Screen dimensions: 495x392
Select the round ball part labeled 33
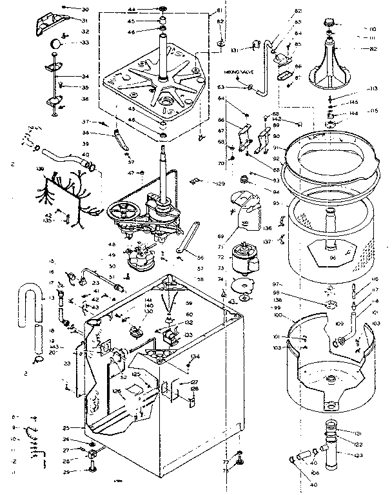pyautogui.click(x=58, y=43)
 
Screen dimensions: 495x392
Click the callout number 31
pyautogui.click(x=84, y=20)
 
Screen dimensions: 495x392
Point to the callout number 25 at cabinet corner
pyautogui.click(x=65, y=428)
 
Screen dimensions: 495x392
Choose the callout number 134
pyautogui.click(x=195, y=356)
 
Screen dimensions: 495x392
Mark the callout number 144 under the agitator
pyautogui.click(x=354, y=113)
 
